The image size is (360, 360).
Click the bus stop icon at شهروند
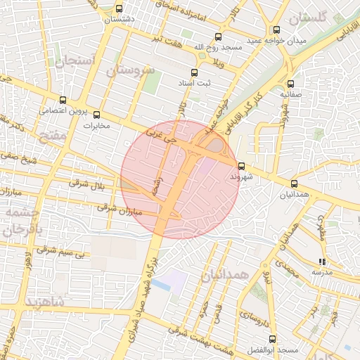tap(242, 167)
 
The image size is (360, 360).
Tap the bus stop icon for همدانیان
tap(293, 184)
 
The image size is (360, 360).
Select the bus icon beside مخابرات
tap(96, 115)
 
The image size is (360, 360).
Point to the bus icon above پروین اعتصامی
tap(63, 101)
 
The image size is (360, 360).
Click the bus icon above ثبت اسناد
tap(195, 72)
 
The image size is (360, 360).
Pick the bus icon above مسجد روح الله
tap(217, 37)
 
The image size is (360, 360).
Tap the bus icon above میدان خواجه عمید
tap(276, 30)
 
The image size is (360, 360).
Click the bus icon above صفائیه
tap(291, 83)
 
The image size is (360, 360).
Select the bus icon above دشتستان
tap(119, 9)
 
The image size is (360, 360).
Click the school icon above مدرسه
tap(322, 262)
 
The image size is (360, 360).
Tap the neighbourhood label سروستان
tap(130, 70)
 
